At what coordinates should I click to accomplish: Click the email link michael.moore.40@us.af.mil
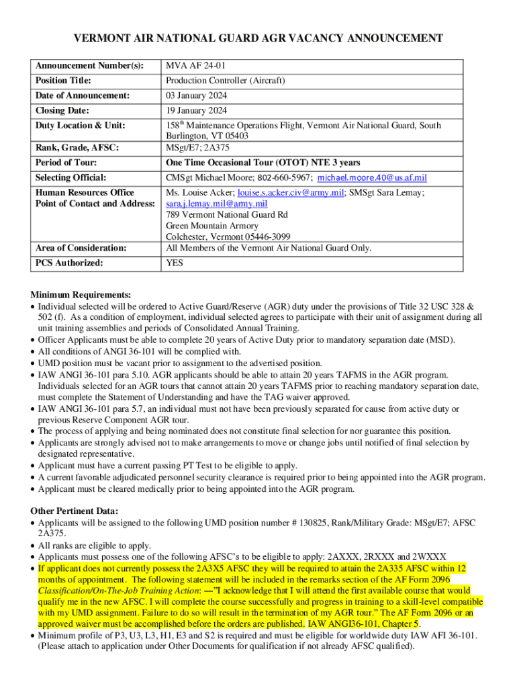pyautogui.click(x=372, y=178)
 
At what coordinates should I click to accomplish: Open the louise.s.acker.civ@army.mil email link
pyautogui.click(x=285, y=192)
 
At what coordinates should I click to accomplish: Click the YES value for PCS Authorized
pyautogui.click(x=175, y=263)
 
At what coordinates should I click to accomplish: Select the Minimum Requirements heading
pyautogui.click(x=81, y=295)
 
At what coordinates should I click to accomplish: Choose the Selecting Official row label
pyautogui.click(x=70, y=178)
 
